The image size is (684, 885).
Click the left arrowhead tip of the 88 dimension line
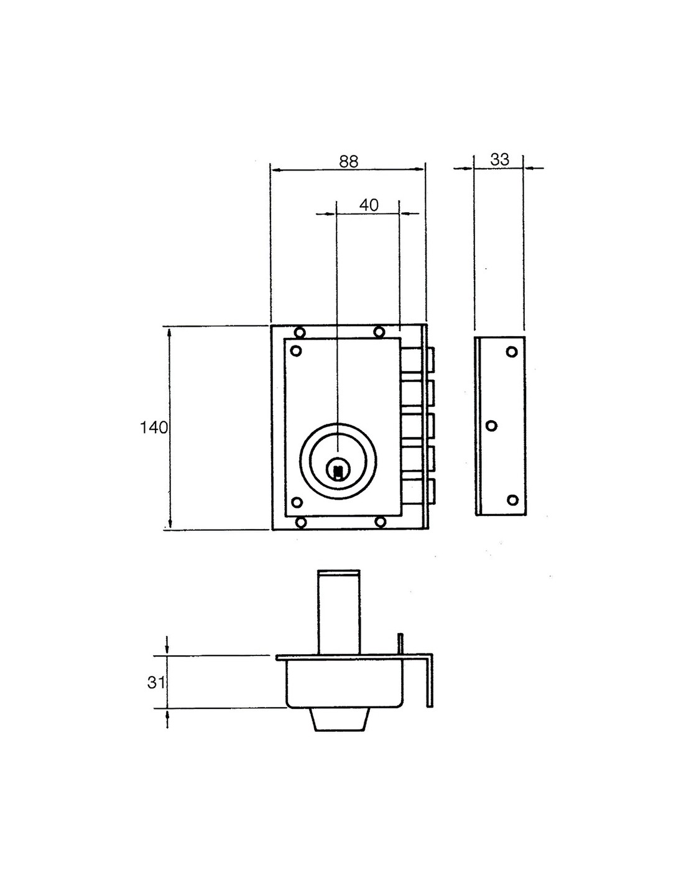click(x=270, y=168)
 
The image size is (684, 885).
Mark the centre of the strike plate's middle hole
click(x=491, y=426)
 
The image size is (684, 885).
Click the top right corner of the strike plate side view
click(x=525, y=337)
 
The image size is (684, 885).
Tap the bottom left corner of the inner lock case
click(x=285, y=517)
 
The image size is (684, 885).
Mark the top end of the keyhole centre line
click(x=337, y=200)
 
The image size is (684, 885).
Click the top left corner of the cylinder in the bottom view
click(x=318, y=570)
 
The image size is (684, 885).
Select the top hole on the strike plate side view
click(x=512, y=351)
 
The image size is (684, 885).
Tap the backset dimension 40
click(x=369, y=205)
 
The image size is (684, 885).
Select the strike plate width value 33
click(x=500, y=159)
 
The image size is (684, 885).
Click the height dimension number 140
click(x=154, y=428)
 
